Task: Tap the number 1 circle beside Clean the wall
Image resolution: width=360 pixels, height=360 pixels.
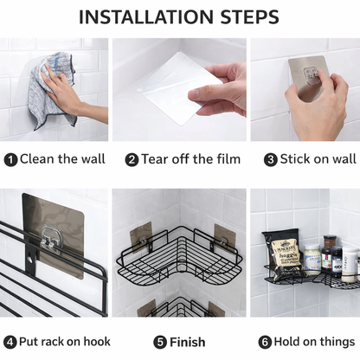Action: click(10, 159)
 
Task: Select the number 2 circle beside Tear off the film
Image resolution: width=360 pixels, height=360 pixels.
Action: click(132, 159)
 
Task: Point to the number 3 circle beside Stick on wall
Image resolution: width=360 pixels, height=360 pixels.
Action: click(271, 159)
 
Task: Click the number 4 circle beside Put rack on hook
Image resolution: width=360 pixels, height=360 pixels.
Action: click(10, 342)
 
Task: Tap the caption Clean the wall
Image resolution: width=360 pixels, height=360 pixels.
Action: click(62, 159)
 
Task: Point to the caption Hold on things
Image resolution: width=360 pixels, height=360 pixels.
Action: click(312, 342)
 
